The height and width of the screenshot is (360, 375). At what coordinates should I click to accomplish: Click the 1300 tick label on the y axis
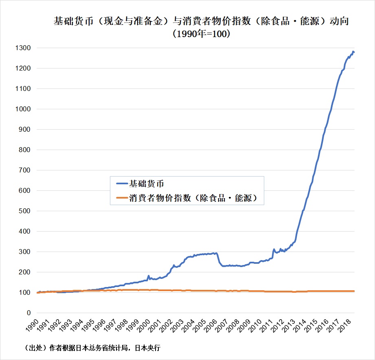[23, 48]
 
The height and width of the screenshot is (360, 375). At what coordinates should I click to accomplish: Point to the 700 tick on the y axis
[24, 170]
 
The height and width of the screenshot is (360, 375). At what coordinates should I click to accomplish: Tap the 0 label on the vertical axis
[29, 313]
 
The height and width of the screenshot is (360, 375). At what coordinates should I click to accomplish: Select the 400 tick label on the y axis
[24, 232]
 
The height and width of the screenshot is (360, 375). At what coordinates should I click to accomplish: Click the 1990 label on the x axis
[32, 325]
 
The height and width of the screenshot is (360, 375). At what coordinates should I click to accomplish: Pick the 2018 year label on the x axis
[344, 325]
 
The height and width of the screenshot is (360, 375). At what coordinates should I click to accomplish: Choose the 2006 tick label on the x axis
[211, 325]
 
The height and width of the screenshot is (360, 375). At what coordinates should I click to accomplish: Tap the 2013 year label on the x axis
[288, 325]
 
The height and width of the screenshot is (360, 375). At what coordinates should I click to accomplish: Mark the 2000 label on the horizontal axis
[143, 325]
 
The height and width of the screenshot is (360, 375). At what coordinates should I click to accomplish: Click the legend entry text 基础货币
[146, 184]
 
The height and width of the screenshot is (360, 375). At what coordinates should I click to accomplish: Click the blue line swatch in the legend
[122, 184]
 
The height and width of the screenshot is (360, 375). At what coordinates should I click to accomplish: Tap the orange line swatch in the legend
[122, 198]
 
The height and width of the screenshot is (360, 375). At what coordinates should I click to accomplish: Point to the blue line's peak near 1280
[353, 51]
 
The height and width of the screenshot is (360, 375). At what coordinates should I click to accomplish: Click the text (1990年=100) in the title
[202, 34]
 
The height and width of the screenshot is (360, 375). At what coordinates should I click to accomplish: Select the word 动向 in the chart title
[339, 21]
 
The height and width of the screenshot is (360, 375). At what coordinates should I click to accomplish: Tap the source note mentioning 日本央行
[92, 348]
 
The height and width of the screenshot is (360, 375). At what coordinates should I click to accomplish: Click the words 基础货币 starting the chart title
[73, 21]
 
